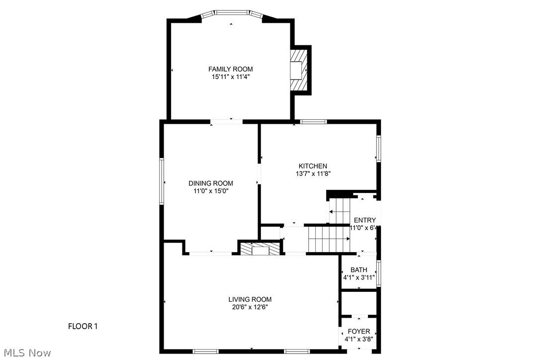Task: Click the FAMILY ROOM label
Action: [x=230, y=69]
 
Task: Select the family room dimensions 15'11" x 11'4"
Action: [x=230, y=77]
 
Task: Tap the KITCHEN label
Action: [x=313, y=166]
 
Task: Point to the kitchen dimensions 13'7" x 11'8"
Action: [x=313, y=174]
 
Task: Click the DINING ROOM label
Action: [x=210, y=183]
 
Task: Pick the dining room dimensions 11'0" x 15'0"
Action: [x=210, y=191]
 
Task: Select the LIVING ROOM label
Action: [x=250, y=299]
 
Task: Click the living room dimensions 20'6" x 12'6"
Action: [x=250, y=307]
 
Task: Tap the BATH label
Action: [x=359, y=270]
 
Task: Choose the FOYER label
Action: [x=359, y=332]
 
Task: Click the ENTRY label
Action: [x=364, y=220]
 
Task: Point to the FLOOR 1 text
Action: [x=83, y=327]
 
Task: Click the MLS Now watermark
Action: [x=26, y=353]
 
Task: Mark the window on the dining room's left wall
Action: [x=162, y=181]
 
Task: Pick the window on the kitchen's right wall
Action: [x=378, y=149]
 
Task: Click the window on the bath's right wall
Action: [x=378, y=273]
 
